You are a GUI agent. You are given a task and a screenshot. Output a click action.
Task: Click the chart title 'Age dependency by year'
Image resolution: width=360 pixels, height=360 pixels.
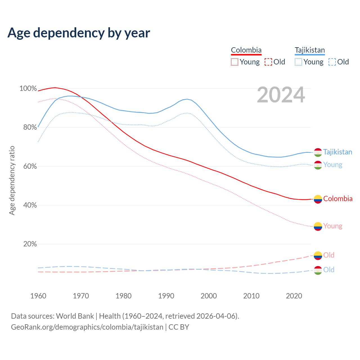pos(79,33)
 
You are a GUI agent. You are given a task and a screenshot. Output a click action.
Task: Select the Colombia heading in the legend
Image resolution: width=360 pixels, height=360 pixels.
pos(246,50)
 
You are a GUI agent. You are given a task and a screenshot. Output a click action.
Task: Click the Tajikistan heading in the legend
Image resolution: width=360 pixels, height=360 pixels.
pos(310,50)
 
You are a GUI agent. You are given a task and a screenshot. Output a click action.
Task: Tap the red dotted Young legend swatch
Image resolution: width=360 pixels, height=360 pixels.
pos(235,62)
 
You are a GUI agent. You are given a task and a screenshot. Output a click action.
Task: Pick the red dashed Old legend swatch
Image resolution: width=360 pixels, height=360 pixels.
pos(268,62)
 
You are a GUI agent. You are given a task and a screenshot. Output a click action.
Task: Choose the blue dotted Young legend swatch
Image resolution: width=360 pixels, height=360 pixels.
pos(298,62)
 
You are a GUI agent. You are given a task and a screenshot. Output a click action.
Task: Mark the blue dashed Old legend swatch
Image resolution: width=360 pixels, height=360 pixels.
pos(332,62)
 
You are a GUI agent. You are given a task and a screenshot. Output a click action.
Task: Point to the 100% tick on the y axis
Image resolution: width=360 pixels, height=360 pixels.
pos(28,89)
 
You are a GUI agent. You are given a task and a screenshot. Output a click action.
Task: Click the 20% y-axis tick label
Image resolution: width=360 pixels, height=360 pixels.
pos(30,244)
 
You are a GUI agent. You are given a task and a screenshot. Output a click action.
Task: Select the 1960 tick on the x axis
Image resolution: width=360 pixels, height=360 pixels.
pos(38,296)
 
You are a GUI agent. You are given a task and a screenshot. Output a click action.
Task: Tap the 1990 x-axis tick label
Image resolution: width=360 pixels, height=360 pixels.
pos(166,296)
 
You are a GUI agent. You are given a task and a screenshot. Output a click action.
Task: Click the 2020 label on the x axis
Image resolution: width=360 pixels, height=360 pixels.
pos(294,296)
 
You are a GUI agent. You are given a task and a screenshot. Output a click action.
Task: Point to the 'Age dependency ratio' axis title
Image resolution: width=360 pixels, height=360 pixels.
pos(12,180)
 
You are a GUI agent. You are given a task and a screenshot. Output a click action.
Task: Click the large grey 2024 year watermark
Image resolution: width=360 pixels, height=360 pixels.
pos(281,95)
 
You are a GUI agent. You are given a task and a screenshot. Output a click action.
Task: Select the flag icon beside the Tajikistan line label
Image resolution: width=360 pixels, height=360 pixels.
pos(318,152)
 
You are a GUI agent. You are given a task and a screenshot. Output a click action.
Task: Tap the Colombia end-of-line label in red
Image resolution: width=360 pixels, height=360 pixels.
pos(338,199)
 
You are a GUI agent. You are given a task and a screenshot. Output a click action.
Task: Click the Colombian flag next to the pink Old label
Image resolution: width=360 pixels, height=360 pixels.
pos(318,255)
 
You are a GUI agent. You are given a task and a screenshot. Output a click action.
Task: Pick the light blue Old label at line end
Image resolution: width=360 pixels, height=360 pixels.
pos(329,270)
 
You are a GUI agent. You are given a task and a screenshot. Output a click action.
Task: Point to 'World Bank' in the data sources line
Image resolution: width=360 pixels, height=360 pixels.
pos(75,316)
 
